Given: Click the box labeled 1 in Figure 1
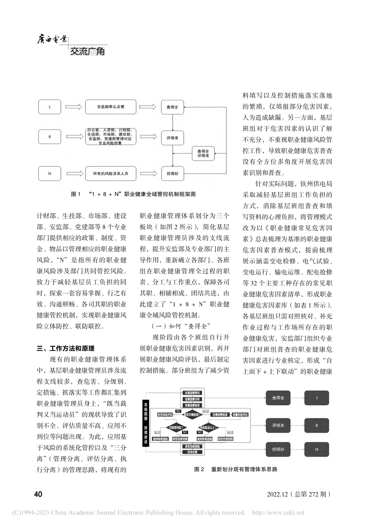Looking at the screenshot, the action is tap(49, 107).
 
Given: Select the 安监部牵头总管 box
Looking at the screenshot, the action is tap(111, 107).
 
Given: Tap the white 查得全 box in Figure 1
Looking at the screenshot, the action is tap(173, 107).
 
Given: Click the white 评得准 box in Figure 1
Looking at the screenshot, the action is tap(173, 138).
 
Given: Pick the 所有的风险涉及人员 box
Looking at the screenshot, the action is tap(111, 173).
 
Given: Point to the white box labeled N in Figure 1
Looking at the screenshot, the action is tap(49, 173).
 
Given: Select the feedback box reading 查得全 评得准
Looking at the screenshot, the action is tap(203, 153).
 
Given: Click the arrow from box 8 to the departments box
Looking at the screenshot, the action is tap(73, 137).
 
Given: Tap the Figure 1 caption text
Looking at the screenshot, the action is tap(133, 194).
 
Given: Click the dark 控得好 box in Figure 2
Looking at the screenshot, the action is tap(278, 449).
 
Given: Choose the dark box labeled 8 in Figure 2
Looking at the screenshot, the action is tap(316, 425).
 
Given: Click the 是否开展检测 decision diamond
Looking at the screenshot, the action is tap(192, 414).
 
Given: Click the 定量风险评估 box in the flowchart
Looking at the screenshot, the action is tap(240, 414).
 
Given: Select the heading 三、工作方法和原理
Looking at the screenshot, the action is tap(66, 348).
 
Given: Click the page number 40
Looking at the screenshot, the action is tap(38, 494).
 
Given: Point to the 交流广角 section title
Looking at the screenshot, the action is tap(87, 51).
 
